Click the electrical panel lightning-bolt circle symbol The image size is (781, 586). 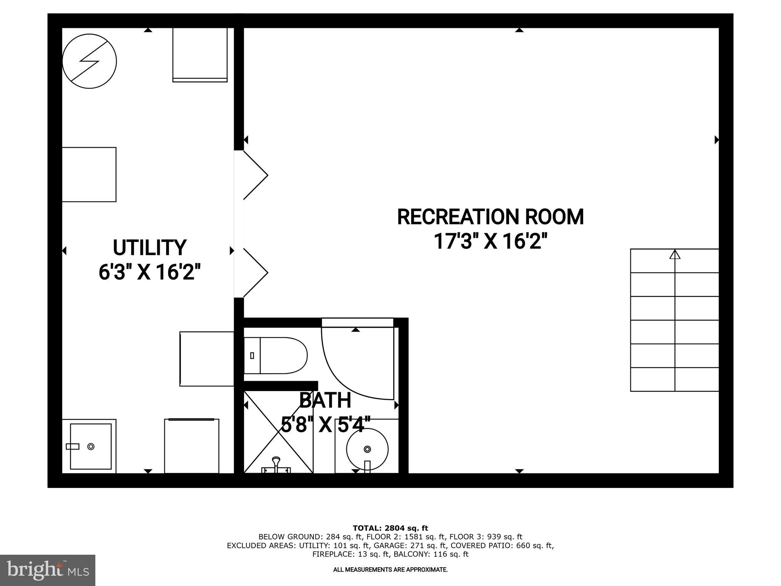click(89, 61)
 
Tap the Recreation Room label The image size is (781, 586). click(490, 217)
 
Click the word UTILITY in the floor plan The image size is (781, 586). click(149, 248)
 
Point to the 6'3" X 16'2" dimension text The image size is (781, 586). click(149, 272)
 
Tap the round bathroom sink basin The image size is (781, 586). click(367, 449)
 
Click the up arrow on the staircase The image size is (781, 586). click(675, 254)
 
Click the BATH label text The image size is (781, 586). click(325, 400)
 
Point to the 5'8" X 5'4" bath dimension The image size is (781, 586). click(326, 425)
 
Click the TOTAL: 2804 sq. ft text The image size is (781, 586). click(390, 528)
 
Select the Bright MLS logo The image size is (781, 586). click(47, 570)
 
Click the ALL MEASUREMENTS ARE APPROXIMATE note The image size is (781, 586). click(390, 570)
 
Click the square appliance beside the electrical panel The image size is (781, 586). click(200, 55)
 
